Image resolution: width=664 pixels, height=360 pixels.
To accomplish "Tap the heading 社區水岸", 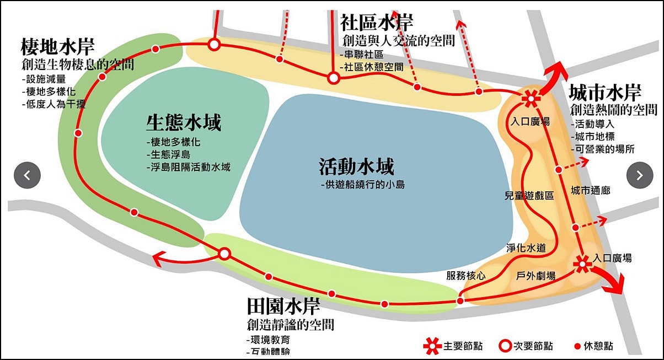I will click(x=377, y=23).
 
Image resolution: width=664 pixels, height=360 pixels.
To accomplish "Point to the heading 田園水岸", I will click(x=283, y=305).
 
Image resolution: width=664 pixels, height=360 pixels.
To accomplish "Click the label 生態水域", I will click(x=183, y=122).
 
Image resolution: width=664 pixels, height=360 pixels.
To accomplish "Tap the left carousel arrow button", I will click(x=27, y=175).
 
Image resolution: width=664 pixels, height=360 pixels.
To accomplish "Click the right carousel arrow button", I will click(x=640, y=175).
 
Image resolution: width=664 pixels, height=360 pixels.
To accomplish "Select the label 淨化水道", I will click(x=526, y=248).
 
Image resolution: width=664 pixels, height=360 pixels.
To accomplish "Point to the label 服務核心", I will click(x=466, y=276).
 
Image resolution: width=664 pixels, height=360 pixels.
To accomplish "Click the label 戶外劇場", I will click(x=536, y=276).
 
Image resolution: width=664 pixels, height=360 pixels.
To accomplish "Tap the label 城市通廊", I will click(x=590, y=191).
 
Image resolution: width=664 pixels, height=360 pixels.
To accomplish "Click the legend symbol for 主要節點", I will click(x=433, y=346).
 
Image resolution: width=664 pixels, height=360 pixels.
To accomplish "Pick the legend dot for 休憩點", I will click(x=577, y=346).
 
